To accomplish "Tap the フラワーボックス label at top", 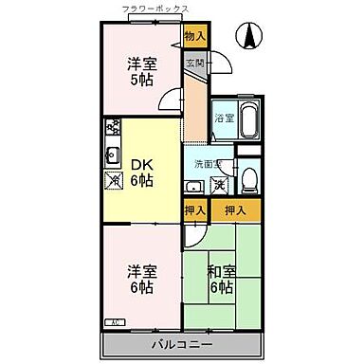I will tap(155, 9).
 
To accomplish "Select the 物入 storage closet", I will tap(195, 37).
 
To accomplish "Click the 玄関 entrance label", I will tap(194, 64).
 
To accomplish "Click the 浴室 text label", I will tap(223, 119).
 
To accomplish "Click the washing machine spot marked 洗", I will tap(219, 184).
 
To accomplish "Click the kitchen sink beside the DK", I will tap(112, 155).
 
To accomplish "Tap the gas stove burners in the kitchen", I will tap(113, 126).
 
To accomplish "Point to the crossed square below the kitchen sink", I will tap(113, 178).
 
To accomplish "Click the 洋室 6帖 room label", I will tap(141, 278).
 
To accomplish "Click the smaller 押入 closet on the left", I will tap(194, 209).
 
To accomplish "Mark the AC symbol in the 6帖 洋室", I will tap(112, 323).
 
